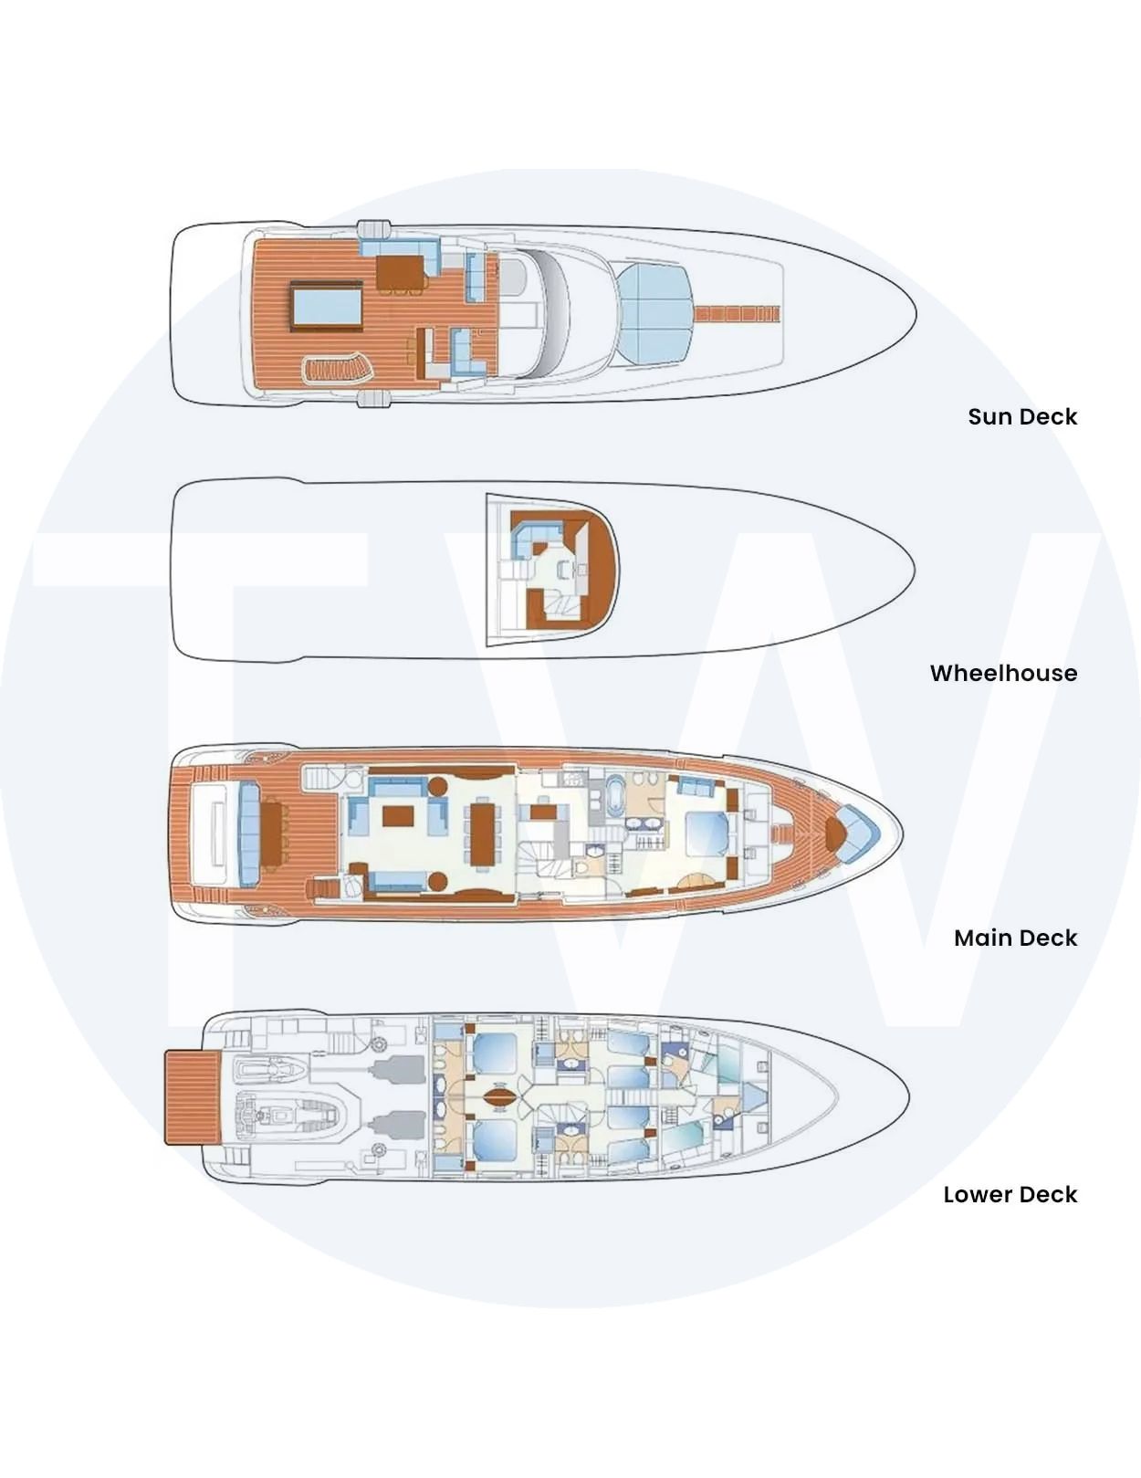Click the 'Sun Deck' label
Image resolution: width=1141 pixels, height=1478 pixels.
tap(1022, 416)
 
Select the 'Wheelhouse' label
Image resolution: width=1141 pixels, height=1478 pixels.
tap(1003, 673)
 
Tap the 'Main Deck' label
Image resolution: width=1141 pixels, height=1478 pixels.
tap(1015, 938)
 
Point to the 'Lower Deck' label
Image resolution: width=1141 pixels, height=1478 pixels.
tap(1010, 1194)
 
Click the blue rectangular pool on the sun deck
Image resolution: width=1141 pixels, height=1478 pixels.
tap(327, 306)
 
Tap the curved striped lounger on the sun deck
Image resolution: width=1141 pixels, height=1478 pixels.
tap(338, 371)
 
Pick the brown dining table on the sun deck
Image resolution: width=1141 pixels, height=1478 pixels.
tap(402, 272)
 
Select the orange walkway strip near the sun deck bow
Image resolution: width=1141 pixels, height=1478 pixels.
tap(738, 313)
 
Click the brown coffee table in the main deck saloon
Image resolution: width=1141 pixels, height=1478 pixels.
tap(398, 815)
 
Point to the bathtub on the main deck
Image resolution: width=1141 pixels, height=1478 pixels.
tap(614, 794)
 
